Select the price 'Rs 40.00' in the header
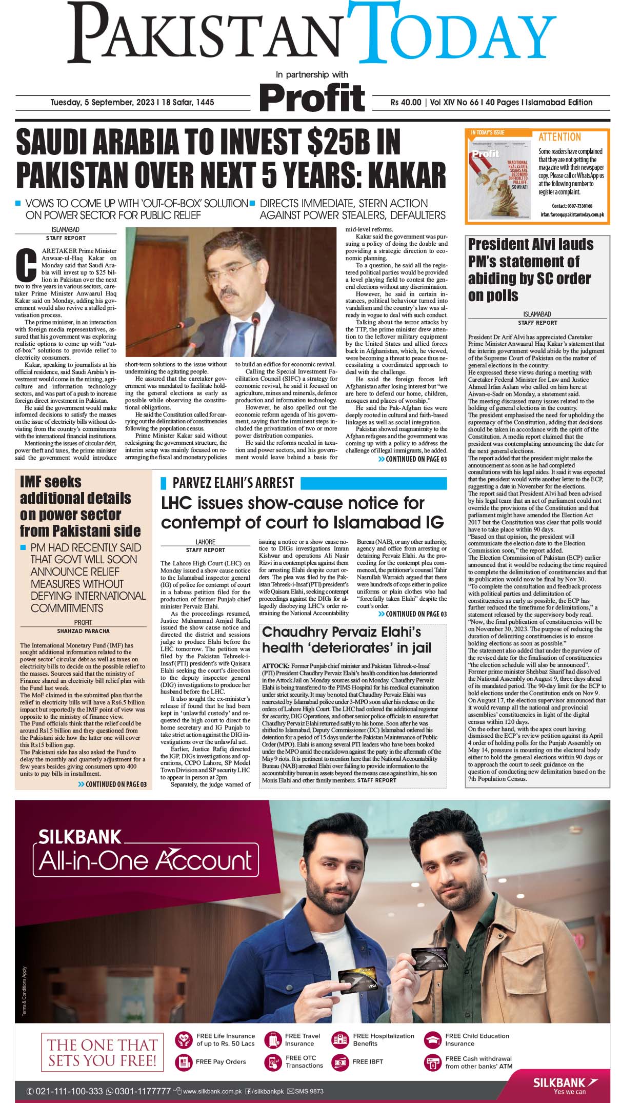point(406,103)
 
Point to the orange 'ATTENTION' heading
point(559,137)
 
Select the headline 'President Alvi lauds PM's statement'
point(531,269)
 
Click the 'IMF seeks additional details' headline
point(80,506)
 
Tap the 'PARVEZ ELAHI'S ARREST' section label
point(233,483)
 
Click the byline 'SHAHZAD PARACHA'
point(84,631)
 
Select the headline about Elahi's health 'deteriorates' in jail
point(347,640)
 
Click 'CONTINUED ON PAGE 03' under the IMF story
point(112,784)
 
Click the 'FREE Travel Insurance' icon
point(273,1039)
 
